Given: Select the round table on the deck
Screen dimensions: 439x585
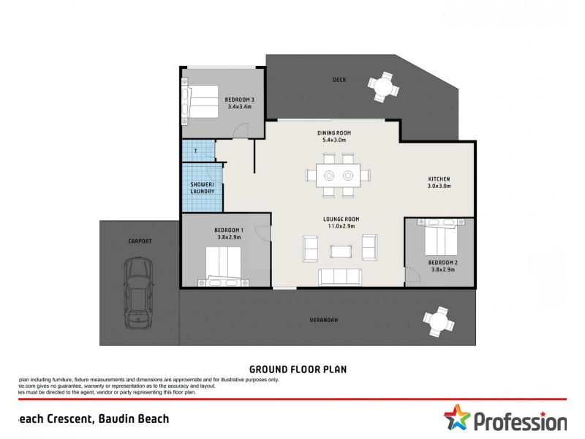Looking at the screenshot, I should (384, 87).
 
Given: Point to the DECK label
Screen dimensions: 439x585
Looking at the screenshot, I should (339, 80).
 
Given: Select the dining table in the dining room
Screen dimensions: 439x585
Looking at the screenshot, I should (339, 176).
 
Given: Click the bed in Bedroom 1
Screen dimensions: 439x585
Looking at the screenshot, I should (223, 265).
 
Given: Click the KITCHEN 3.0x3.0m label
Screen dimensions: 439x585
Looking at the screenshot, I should (439, 183).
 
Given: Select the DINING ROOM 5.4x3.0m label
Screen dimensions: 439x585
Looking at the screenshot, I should (331, 136).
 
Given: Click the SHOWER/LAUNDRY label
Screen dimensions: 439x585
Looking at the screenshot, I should (202, 188).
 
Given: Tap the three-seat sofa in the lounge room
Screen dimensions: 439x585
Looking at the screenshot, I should (339, 277).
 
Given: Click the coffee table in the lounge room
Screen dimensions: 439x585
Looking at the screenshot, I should (340, 251).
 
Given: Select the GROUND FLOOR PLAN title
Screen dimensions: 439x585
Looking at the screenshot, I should (298, 369).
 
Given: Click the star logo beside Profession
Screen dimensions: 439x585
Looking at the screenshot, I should (457, 419).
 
